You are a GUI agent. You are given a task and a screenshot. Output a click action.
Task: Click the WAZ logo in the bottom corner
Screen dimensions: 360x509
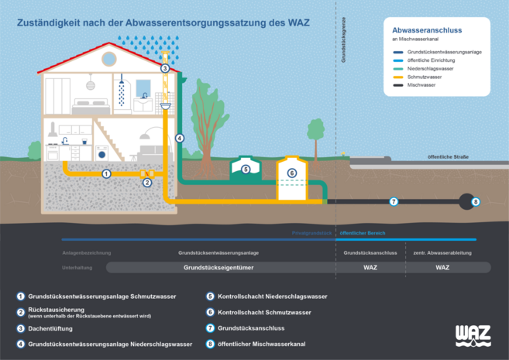pos(473,334)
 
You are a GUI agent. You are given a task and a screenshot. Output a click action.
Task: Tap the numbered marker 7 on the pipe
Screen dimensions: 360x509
pos(393,201)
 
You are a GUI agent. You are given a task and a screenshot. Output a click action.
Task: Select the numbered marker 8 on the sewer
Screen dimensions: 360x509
pos(476,201)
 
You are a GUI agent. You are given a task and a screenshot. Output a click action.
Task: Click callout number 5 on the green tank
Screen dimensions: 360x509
pos(245,169)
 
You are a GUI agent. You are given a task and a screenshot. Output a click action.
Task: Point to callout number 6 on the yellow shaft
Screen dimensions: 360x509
pos(292,173)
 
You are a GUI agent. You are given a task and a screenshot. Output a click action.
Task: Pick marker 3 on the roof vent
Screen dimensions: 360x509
pos(164,68)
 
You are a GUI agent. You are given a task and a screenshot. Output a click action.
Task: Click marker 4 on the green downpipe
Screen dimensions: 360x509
pos(180,139)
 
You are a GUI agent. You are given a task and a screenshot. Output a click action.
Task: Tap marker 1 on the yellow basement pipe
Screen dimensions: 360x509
pos(107,173)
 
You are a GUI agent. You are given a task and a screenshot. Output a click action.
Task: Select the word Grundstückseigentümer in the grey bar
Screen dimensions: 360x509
pos(218,267)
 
